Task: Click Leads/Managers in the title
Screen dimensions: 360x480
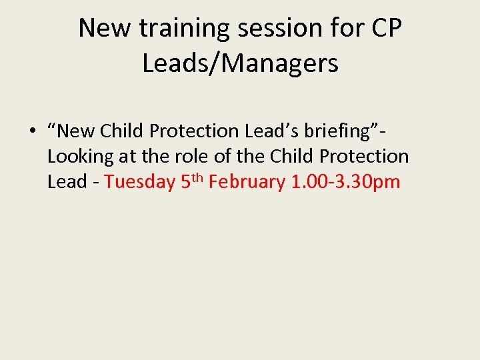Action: click(x=240, y=64)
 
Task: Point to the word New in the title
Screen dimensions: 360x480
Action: click(x=99, y=29)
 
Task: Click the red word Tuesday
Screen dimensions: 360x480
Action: click(x=140, y=182)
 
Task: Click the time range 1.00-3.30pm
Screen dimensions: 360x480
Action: click(x=346, y=182)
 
